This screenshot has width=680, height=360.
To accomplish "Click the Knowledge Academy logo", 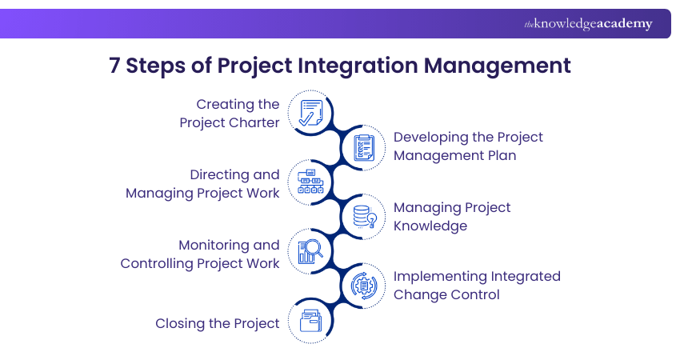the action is click(x=588, y=23).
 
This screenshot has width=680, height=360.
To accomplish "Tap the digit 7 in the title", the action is click(x=114, y=66).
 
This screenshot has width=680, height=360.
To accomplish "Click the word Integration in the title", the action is click(x=358, y=66).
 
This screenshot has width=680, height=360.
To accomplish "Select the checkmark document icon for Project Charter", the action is click(x=311, y=113).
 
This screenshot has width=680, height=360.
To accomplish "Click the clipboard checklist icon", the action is click(x=364, y=148).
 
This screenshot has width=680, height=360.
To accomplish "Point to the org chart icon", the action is click(x=310, y=182).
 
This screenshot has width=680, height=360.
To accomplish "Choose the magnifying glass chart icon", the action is click(x=310, y=251).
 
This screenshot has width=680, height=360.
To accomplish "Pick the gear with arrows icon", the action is click(x=364, y=286).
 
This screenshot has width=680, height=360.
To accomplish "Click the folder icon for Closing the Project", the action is click(x=311, y=321).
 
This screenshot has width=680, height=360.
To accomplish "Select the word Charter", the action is click(x=254, y=122).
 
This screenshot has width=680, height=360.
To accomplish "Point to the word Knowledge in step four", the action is click(x=430, y=226).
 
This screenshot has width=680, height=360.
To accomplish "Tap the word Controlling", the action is click(x=157, y=264).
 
